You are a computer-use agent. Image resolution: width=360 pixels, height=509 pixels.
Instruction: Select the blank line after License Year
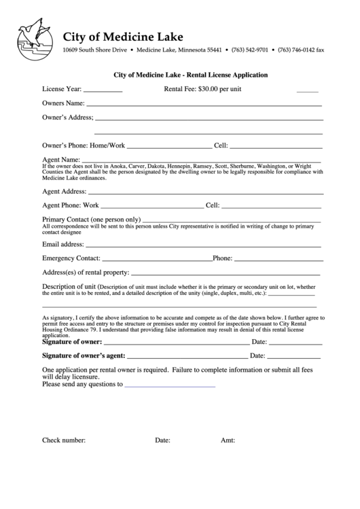coord(103,90)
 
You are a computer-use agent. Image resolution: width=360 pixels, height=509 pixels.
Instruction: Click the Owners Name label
coord(63,103)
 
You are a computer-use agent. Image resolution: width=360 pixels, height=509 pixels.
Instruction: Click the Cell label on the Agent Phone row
coord(213,205)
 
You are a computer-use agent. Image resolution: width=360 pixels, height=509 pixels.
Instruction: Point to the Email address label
coord(63,244)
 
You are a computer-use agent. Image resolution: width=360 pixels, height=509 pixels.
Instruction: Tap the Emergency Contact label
coord(71,258)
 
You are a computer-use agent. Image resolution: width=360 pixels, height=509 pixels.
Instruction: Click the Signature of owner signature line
coord(176,343)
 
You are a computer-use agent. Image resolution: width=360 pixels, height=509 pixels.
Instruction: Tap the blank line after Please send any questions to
coord(170,385)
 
